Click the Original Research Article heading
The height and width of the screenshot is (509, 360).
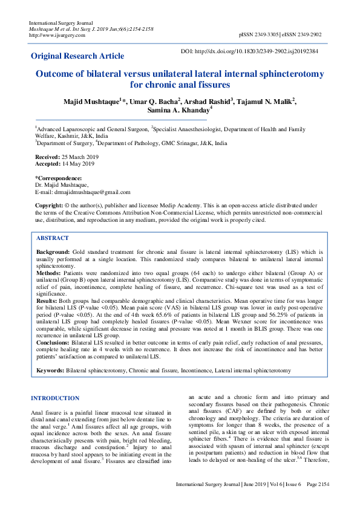78,56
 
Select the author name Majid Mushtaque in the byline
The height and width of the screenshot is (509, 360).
91,100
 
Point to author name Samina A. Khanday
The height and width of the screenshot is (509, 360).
178,111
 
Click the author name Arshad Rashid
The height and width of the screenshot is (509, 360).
206,100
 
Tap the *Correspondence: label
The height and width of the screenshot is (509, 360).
58,178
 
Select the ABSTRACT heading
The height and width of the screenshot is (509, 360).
53,238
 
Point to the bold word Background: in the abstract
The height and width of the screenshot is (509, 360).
53,250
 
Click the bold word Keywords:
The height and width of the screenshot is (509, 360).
50,370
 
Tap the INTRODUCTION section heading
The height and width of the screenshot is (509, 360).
55,398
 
